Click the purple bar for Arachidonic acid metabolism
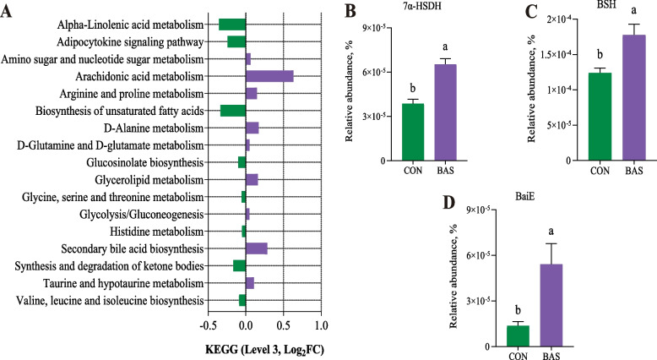pos(269,76)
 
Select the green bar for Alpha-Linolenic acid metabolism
pos(232,24)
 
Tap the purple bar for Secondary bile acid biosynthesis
pos(257,248)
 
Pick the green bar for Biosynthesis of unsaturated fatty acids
pos(233,111)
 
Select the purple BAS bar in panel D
pos(551,305)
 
